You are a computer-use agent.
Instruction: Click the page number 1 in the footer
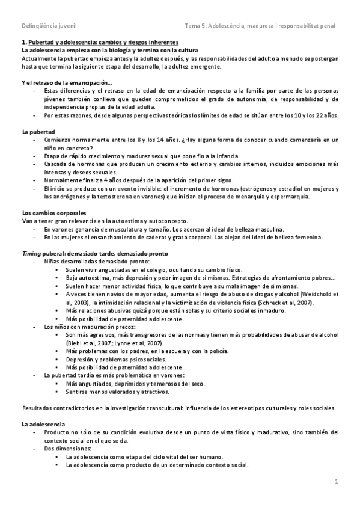pyautogui.click(x=337, y=481)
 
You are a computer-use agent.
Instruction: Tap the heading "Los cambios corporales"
pyautogui.click(x=53, y=213)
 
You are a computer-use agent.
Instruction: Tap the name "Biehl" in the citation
pyautogui.click(x=75, y=343)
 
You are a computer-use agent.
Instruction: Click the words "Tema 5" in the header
pyautogui.click(x=197, y=26)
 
